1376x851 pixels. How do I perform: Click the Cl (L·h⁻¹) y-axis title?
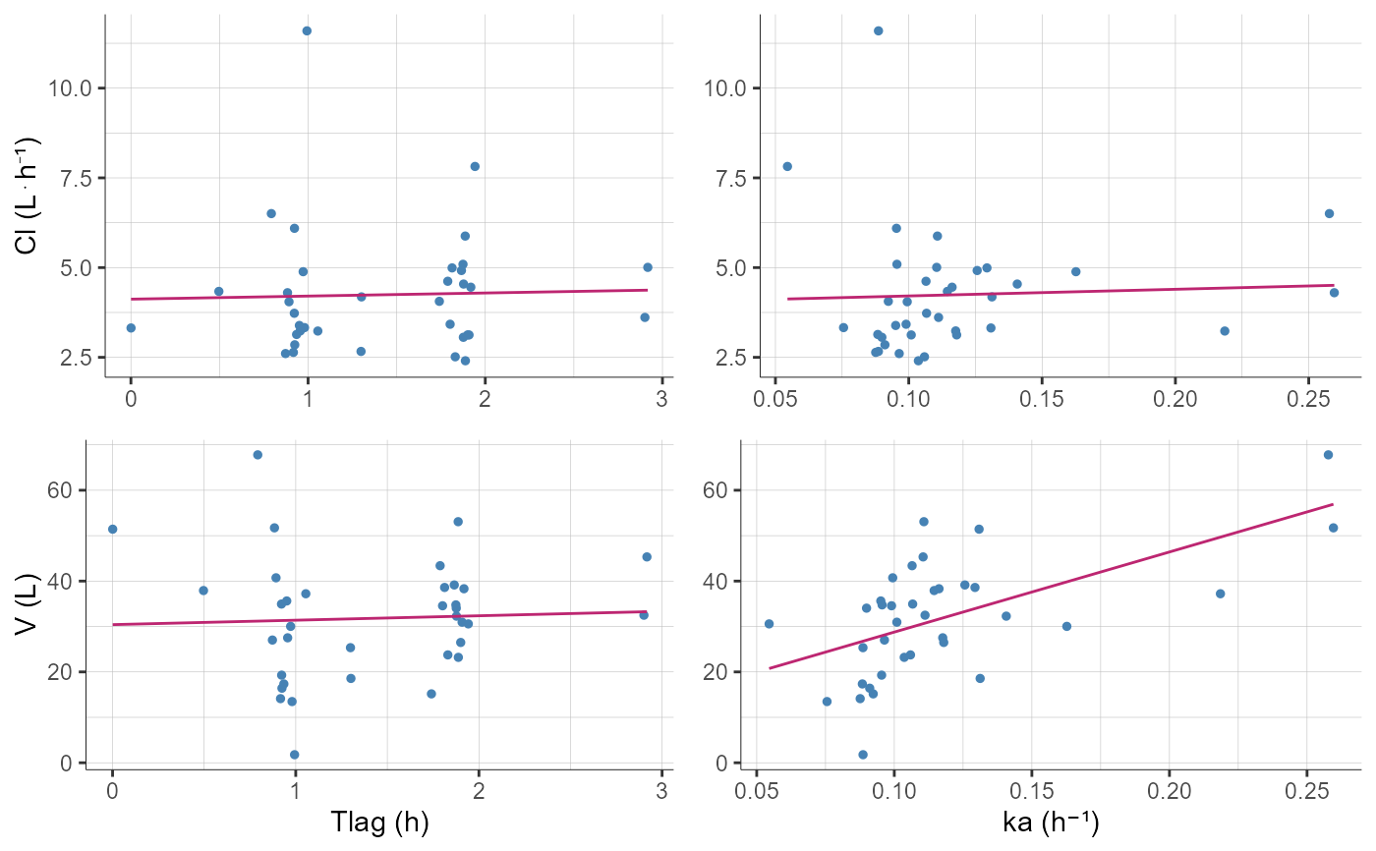coord(29,196)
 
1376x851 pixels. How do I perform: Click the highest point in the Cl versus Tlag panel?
coord(307,30)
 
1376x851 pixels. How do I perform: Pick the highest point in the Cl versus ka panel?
coord(878,30)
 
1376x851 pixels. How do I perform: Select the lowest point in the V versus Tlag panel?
coord(294,755)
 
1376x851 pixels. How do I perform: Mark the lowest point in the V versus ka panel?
coord(863,755)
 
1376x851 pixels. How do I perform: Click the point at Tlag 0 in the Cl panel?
coord(131,327)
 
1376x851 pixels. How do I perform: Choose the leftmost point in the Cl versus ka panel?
coord(787,166)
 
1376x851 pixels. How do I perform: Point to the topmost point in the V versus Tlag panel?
coord(258,455)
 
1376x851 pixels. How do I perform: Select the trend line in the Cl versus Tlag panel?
coord(393,294)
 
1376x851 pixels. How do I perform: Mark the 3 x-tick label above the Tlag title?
coord(661,787)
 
